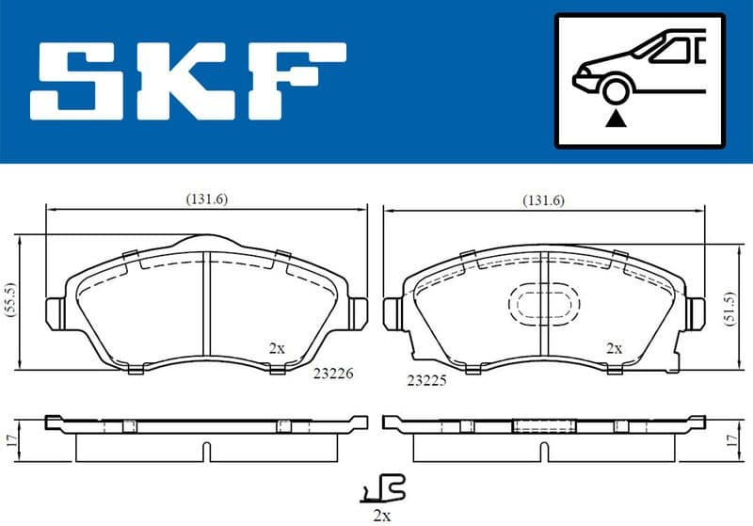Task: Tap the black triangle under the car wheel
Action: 617,118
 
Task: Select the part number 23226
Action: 333,373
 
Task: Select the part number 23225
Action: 426,381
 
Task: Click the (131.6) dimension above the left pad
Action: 207,199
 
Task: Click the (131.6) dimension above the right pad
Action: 543,199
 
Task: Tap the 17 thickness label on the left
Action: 10,438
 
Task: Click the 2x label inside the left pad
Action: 276,347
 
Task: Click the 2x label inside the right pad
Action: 614,347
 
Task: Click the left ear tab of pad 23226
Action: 56,311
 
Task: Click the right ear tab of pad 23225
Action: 697,311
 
